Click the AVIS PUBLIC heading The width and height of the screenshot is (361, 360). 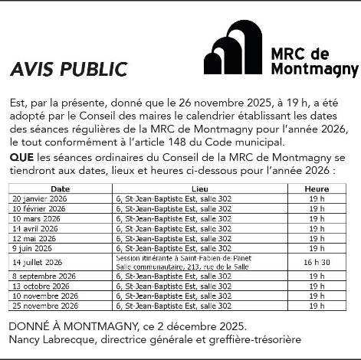(x=68, y=70)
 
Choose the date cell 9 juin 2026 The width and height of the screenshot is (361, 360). (x=34, y=248)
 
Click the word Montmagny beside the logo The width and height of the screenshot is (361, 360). (x=315, y=70)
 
